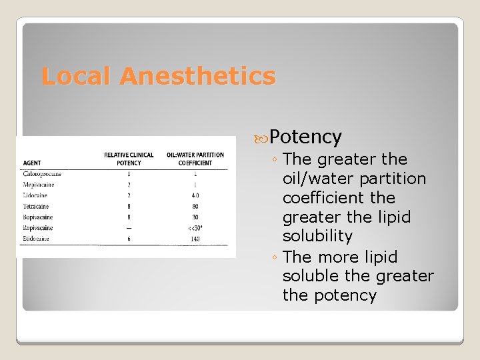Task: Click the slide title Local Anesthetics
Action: click(158, 76)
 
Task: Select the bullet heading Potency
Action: click(306, 137)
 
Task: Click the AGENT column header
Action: click(32, 163)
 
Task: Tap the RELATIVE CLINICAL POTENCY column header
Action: click(129, 159)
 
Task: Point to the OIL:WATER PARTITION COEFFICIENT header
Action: click(195, 159)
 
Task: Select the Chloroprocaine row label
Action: click(42, 174)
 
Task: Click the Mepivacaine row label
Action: click(38, 185)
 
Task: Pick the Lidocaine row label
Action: click(35, 195)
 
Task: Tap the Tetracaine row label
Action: click(36, 207)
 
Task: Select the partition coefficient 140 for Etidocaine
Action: click(195, 239)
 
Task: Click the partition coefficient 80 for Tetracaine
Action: click(195, 207)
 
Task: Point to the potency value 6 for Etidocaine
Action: click(129, 239)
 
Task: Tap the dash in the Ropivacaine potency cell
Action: click(129, 228)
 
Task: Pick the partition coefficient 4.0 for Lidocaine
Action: click(195, 195)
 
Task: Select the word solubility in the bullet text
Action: click(317, 236)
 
